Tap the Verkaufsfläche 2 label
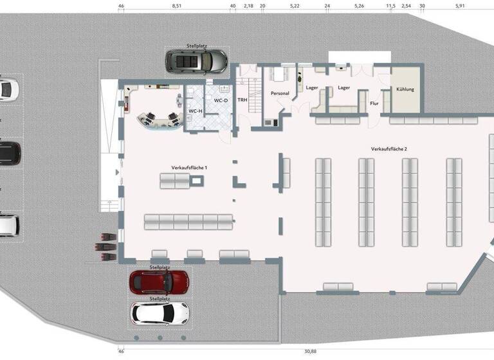(389, 148)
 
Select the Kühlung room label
(405, 89)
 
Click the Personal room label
(280, 93)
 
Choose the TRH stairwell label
(242, 100)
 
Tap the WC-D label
(221, 100)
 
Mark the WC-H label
(196, 111)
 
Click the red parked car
(159, 281)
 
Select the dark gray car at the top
(197, 61)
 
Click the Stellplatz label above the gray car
(196, 46)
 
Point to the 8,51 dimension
(176, 5)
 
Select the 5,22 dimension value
(295, 5)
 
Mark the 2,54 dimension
(406, 5)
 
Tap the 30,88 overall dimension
(310, 351)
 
